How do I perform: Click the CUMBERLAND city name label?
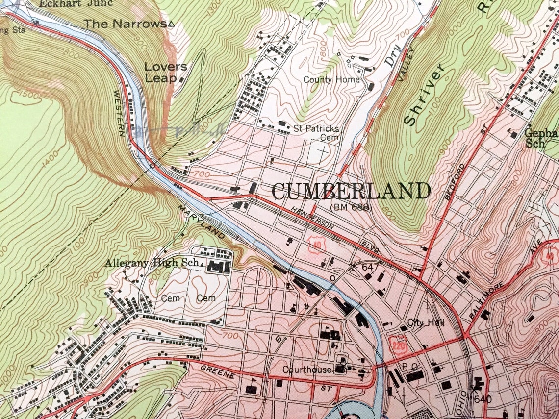[350, 191]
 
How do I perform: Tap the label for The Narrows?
[126, 23]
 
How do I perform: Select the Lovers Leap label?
[166, 72]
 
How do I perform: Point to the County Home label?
[331, 79]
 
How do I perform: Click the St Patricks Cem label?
[316, 133]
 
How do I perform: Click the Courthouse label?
[306, 370]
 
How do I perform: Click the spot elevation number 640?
[483, 399]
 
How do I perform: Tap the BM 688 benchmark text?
[351, 208]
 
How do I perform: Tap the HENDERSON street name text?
[312, 218]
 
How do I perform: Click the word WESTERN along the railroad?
[119, 112]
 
